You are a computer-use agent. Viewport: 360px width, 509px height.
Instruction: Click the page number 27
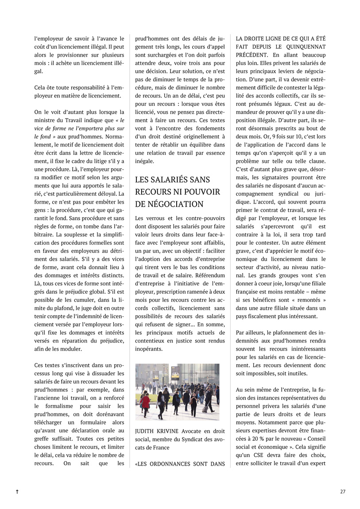tap(343, 491)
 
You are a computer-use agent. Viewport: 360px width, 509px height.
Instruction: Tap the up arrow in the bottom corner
tap(17, 492)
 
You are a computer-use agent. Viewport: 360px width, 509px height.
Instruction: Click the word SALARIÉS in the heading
tap(172, 179)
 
